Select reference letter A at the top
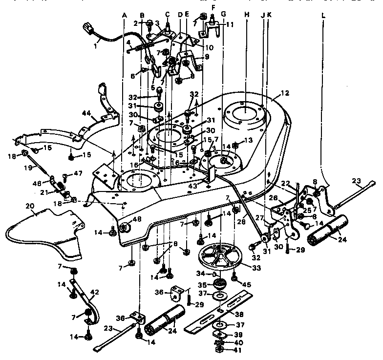[124, 16]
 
